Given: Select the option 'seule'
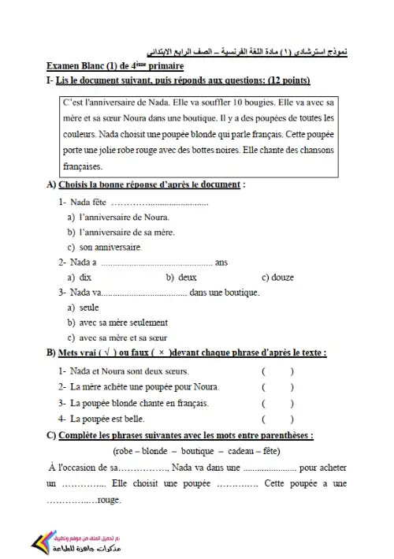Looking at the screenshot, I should tap(89, 307).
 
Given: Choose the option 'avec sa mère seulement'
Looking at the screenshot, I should tap(123, 322).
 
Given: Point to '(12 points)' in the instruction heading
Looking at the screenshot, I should tap(288, 80).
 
